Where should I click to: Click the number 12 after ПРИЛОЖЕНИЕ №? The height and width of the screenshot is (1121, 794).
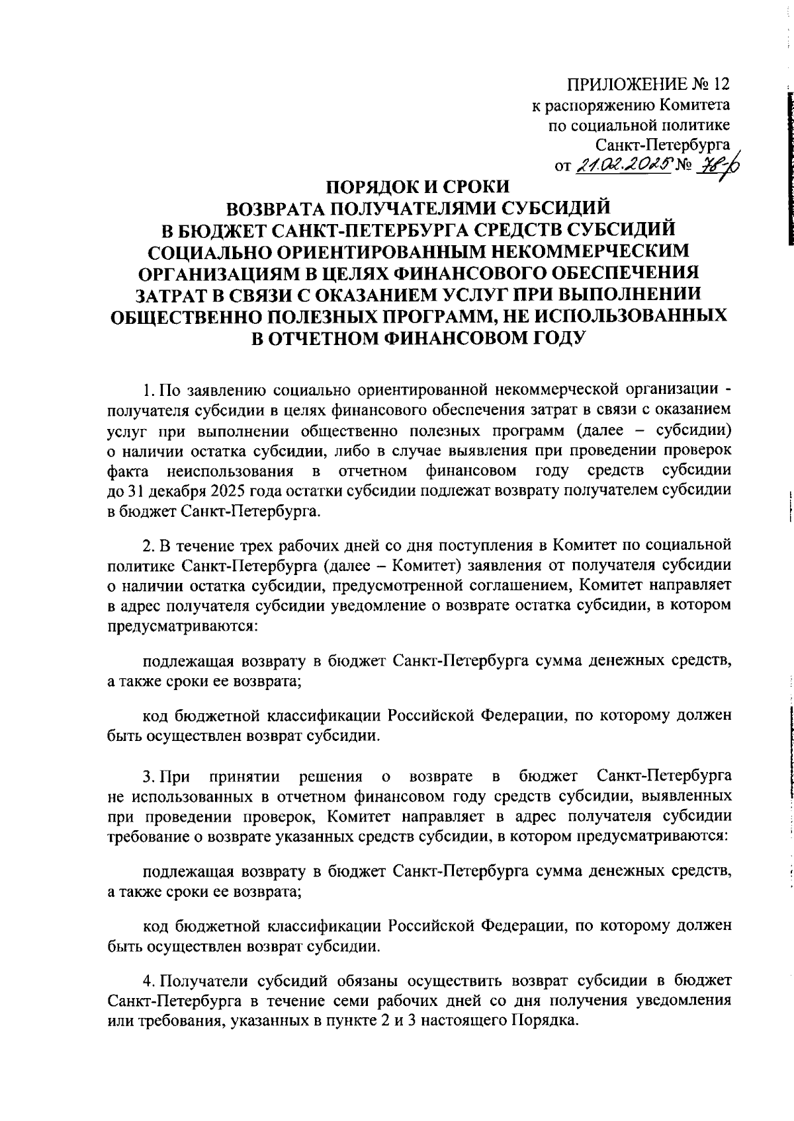click(722, 85)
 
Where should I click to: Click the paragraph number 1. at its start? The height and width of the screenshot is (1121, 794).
click(149, 386)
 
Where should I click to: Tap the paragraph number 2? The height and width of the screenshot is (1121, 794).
click(150, 545)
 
